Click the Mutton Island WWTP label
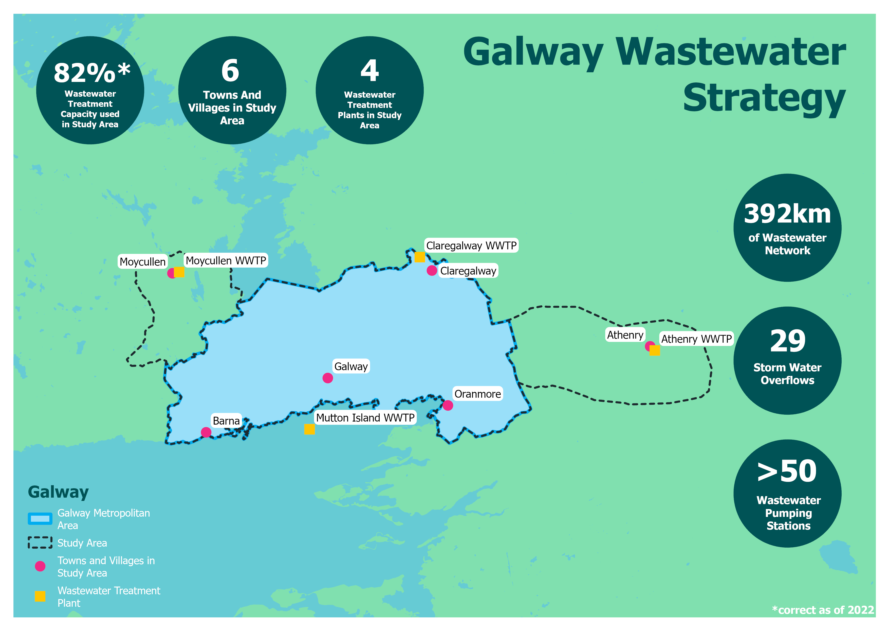tap(365, 417)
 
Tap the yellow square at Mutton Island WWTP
tap(309, 429)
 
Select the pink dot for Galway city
tap(328, 378)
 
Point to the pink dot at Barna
tap(206, 432)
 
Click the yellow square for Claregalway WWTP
tap(420, 257)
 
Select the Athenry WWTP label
tap(696, 339)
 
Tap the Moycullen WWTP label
tap(226, 260)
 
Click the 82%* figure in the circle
tap(92, 73)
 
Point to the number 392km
tap(787, 214)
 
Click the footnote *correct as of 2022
tap(823, 610)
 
